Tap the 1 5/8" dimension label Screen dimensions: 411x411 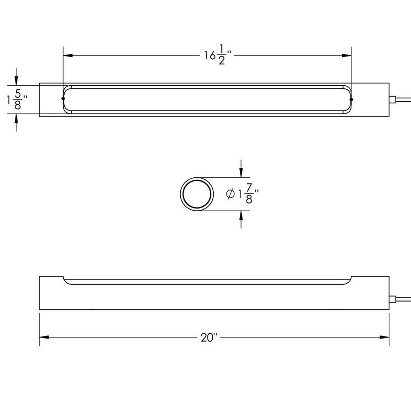point(17,100)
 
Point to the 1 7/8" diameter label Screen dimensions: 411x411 point(242,194)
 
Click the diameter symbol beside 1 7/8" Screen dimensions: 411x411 point(230,194)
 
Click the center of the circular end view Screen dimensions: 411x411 point(197,194)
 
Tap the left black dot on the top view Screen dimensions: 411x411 point(63,99)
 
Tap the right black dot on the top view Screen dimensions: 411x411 point(351,100)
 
